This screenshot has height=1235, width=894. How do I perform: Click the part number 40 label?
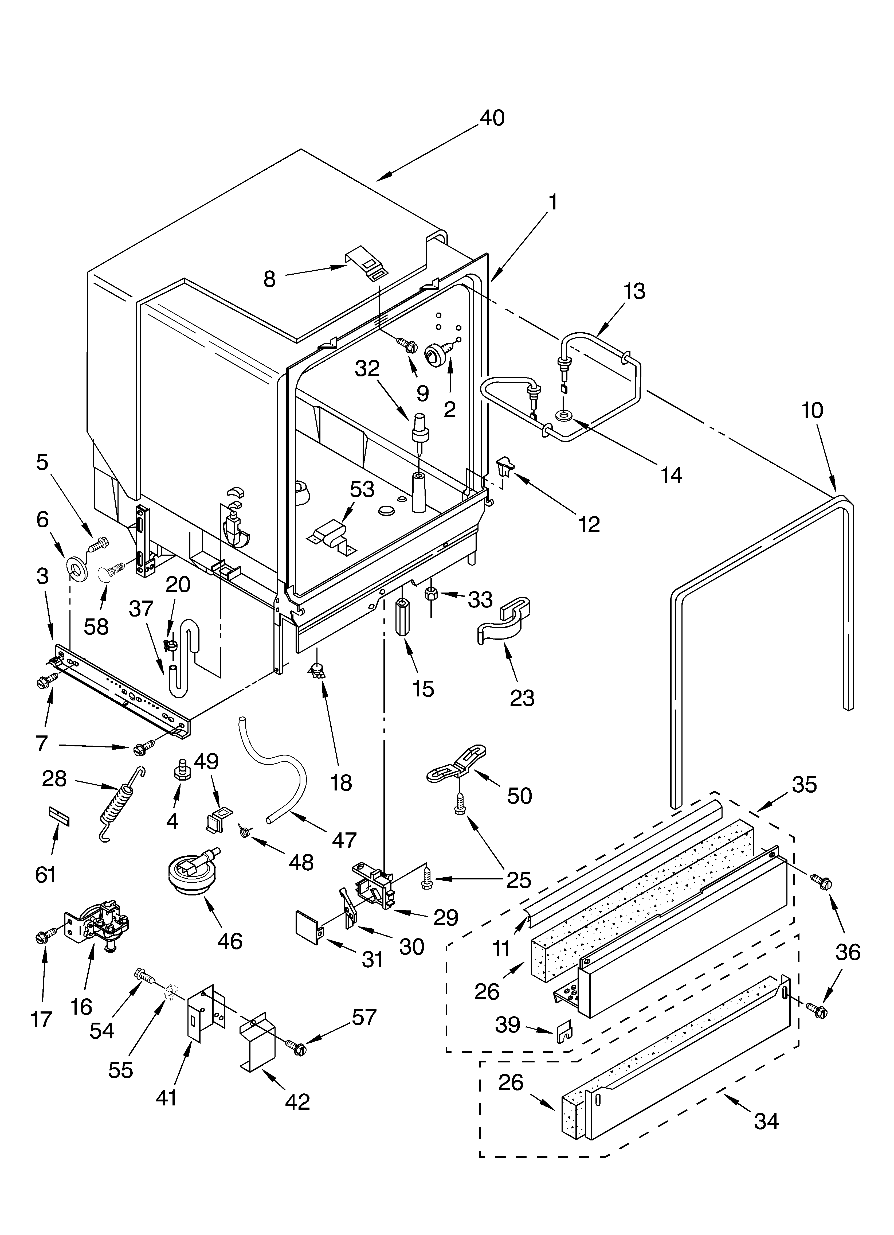point(492,118)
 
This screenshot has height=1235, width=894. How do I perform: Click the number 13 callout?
point(634,291)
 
